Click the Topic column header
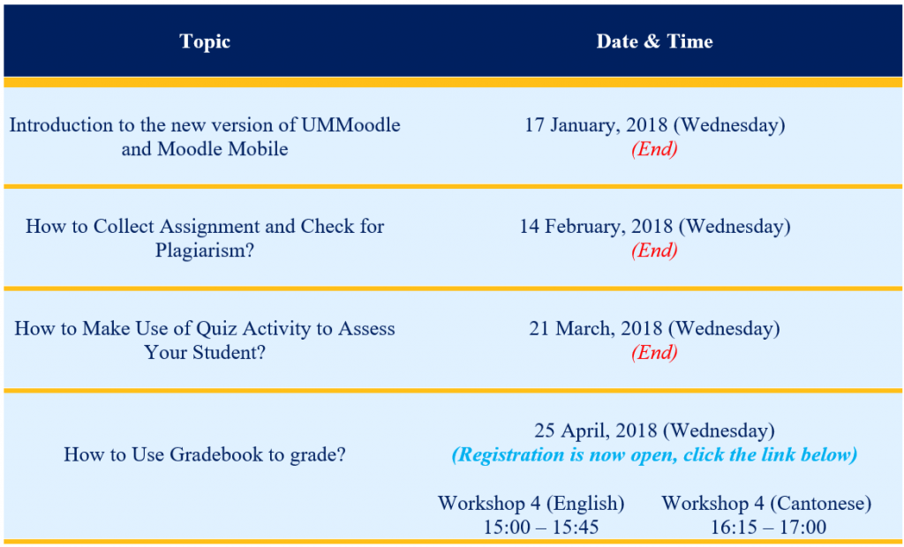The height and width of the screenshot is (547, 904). pyautogui.click(x=204, y=41)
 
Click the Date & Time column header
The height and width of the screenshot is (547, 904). pyautogui.click(x=654, y=41)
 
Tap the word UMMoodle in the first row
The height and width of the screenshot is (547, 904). pyautogui.click(x=349, y=124)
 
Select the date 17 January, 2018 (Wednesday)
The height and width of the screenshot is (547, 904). pyautogui.click(x=654, y=124)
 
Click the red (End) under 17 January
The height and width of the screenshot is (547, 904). pyautogui.click(x=654, y=148)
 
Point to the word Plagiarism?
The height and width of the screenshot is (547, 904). pyautogui.click(x=204, y=250)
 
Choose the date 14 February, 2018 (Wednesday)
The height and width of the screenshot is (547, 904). pyautogui.click(x=654, y=226)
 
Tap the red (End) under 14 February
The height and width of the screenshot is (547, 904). pyautogui.click(x=654, y=250)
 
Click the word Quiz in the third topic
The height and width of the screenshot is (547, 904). pyautogui.click(x=188, y=328)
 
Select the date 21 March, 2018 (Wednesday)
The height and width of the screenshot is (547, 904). pyautogui.click(x=654, y=328)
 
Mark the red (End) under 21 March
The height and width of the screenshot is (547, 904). pyautogui.click(x=654, y=352)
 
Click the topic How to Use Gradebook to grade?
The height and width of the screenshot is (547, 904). pyautogui.click(x=204, y=455)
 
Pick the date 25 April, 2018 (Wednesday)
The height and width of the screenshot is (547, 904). pyautogui.click(x=654, y=431)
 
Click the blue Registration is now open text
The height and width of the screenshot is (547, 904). pyautogui.click(x=654, y=455)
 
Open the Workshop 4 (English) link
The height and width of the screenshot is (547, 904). pyautogui.click(x=531, y=503)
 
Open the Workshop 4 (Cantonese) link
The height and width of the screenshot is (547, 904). pyautogui.click(x=766, y=503)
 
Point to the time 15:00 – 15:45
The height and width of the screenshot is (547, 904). pyautogui.click(x=531, y=527)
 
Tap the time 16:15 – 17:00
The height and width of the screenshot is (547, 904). pyautogui.click(x=766, y=527)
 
